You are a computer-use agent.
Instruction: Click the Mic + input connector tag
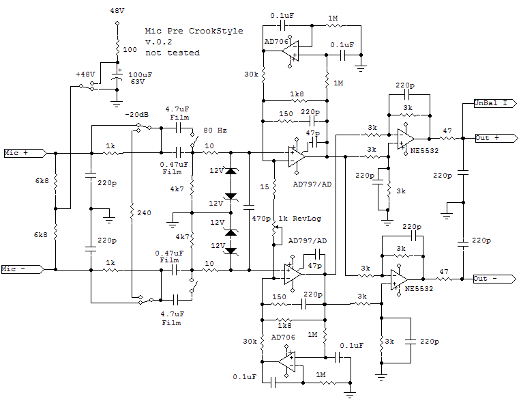tap(25, 153)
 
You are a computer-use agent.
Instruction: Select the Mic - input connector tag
tap(23, 269)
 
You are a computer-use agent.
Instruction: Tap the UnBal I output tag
tap(495, 103)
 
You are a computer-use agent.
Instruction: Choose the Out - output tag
tap(495, 279)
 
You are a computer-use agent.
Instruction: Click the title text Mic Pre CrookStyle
tap(194, 31)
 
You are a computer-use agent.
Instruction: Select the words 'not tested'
tap(173, 53)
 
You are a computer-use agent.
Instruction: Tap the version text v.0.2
tap(159, 42)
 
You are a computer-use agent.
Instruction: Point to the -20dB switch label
tap(137, 115)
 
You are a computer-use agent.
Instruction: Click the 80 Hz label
tap(215, 130)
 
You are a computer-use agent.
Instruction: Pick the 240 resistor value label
tap(144, 212)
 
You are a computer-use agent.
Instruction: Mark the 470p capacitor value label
tap(261, 219)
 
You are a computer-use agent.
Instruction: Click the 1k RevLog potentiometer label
tap(299, 219)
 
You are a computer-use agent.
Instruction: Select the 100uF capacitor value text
tap(140, 75)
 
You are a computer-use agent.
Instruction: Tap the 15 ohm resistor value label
tap(265, 186)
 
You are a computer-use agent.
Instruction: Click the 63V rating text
tap(138, 82)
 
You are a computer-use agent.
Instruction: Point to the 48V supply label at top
tap(117, 11)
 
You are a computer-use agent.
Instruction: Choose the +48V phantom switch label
tap(85, 74)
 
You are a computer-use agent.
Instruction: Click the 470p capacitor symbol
tap(249, 207)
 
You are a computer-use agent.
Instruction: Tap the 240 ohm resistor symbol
tap(132, 210)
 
